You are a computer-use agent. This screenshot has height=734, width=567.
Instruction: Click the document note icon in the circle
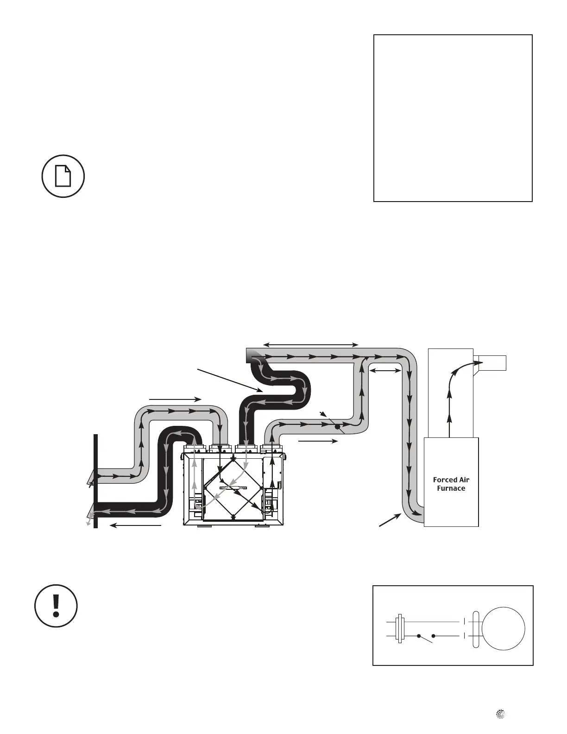(63, 176)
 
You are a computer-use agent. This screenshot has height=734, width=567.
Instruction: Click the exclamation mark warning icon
(56, 606)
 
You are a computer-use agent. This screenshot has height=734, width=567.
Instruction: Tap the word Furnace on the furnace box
(451, 488)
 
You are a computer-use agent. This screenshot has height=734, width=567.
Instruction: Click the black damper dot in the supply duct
(338, 426)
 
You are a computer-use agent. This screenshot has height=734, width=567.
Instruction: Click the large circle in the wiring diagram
(503, 629)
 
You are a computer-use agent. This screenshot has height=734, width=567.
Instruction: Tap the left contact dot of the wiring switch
(418, 636)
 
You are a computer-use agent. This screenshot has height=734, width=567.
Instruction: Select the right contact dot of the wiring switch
(434, 636)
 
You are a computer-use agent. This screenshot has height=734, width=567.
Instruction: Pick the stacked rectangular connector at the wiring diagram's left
(399, 629)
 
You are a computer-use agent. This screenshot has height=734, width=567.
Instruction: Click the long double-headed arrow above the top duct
(310, 344)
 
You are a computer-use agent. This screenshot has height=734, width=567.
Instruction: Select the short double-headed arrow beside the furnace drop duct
(385, 370)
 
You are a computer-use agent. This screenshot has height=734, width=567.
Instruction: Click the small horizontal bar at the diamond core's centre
(233, 488)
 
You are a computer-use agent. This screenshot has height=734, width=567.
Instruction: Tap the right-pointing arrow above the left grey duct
(175, 399)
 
